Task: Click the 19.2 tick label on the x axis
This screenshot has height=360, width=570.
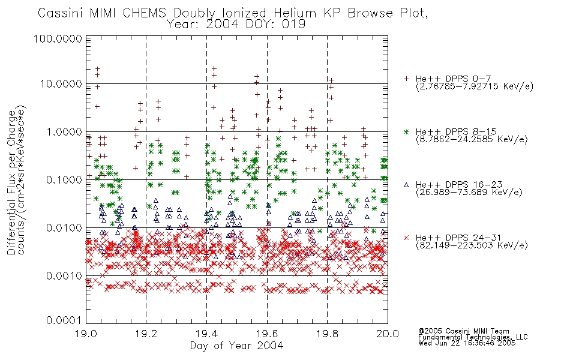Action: pyautogui.click(x=146, y=334)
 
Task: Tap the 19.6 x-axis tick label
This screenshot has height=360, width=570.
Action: pyautogui.click(x=267, y=334)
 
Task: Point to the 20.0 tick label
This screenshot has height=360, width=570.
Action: pyautogui.click(x=388, y=334)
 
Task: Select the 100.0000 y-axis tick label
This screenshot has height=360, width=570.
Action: pyautogui.click(x=58, y=38)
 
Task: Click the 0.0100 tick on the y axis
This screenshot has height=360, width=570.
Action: pyautogui.click(x=64, y=228)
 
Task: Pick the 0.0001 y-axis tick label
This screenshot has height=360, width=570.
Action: pyautogui.click(x=64, y=320)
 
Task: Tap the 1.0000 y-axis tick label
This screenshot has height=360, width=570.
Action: pyautogui.click(x=64, y=131)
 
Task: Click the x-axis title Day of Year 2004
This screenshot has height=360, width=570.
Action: pyautogui.click(x=236, y=346)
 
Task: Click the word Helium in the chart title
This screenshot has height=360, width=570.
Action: pyautogui.click(x=295, y=13)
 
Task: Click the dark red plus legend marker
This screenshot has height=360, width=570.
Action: pyautogui.click(x=406, y=79)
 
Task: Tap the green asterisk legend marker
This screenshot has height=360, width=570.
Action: pyautogui.click(x=406, y=131)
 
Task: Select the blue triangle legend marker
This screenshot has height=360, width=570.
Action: pyautogui.click(x=406, y=185)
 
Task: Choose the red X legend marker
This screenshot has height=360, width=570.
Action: pyautogui.click(x=406, y=238)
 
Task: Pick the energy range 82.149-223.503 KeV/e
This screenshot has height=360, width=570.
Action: pyautogui.click(x=472, y=245)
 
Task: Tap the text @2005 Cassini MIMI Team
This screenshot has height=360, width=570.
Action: pyautogui.click(x=463, y=331)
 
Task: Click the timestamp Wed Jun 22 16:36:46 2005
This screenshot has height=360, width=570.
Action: pyautogui.click(x=467, y=343)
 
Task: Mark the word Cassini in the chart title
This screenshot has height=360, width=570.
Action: pyautogui.click(x=61, y=13)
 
